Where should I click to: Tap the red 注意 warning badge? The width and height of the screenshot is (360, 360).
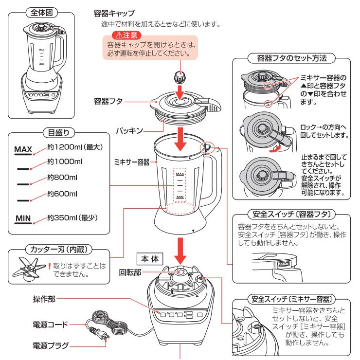(x=126, y=36)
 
